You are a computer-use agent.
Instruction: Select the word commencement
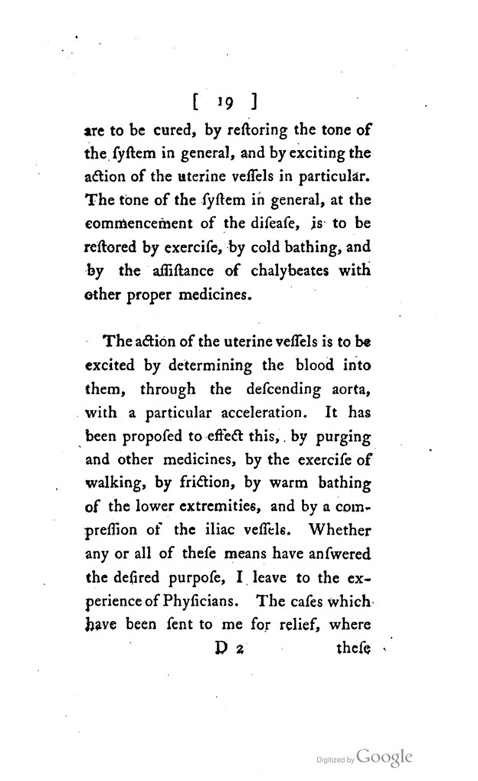pyautogui.click(x=161, y=226)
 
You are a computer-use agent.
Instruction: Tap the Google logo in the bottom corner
pyautogui.click(x=385, y=757)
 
